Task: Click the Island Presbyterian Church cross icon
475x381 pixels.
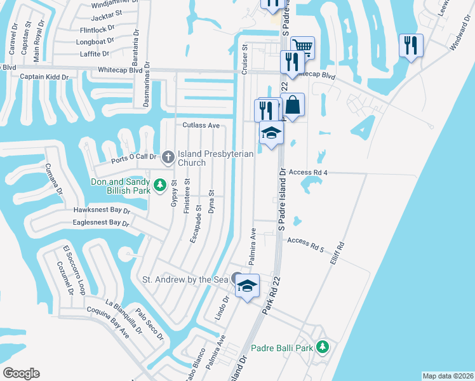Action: pyautogui.click(x=168, y=156)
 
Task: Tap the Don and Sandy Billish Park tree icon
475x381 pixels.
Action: pyautogui.click(x=161, y=185)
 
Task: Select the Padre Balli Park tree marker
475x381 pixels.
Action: pyautogui.click(x=323, y=347)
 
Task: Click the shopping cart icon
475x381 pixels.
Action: pyautogui.click(x=303, y=46)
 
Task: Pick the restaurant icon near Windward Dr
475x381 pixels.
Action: pyautogui.click(x=411, y=45)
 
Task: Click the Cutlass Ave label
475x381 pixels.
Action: pyautogui.click(x=201, y=126)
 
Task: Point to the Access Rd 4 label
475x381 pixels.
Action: pyautogui.click(x=307, y=172)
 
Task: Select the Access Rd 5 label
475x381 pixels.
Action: pyautogui.click(x=305, y=241)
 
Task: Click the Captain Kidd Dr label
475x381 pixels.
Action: pyautogui.click(x=44, y=77)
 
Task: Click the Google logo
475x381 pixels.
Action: pyautogui.click(x=21, y=373)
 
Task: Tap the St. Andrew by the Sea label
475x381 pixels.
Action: pyautogui.click(x=184, y=279)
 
